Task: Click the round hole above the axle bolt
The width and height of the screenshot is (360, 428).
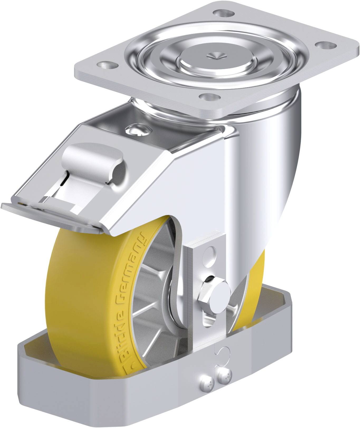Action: pyautogui.click(x=211, y=253)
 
